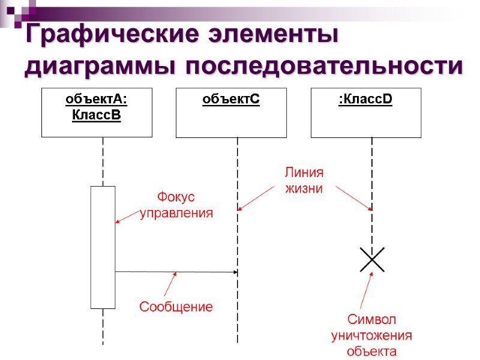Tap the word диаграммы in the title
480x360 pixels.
coord(100,66)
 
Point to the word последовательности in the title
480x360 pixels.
coord(324,66)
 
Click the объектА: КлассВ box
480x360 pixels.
coord(97,112)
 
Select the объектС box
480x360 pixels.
coord(231,112)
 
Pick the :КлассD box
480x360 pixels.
coord(365,112)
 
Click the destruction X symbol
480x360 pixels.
coord(372,259)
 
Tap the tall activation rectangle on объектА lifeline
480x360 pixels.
coord(103,247)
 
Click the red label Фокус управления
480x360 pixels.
coord(176,205)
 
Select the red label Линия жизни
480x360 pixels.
coord(303,180)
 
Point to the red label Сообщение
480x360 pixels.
coord(176,307)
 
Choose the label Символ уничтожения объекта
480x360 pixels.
coord(372,335)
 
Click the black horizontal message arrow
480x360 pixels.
coord(176,272)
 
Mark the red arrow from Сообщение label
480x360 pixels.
coord(170,284)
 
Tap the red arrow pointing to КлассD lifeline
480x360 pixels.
coord(353,197)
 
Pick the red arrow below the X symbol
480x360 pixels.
coord(366,292)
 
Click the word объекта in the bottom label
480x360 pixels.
coord(372,351)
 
